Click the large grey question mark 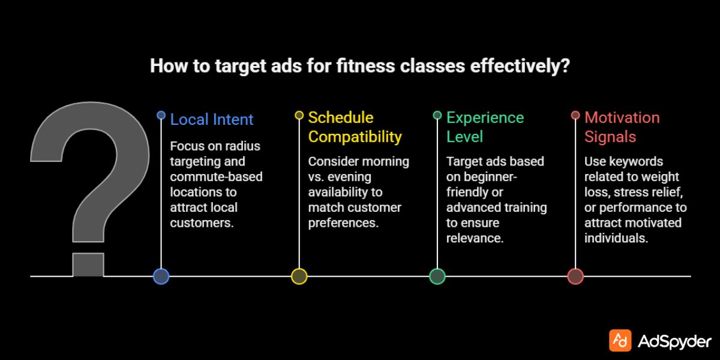point(90,180)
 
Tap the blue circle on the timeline point(161,276)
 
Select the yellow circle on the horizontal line point(299,276)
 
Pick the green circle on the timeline point(437,276)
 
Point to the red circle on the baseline point(575,276)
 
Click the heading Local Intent point(212,119)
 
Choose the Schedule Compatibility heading point(355,127)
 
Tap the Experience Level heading point(485,127)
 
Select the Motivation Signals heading point(622,127)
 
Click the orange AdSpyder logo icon point(620,340)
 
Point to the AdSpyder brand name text point(674,341)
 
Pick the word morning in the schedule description point(385,161)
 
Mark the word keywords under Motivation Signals point(636,161)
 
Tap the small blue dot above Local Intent point(161,115)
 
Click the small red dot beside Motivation point(575,115)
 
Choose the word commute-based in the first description point(216,177)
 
